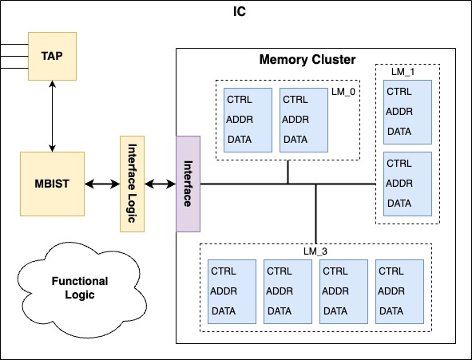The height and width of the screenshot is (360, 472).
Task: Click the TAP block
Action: [x=52, y=56]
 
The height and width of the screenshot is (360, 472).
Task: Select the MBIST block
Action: [x=52, y=184]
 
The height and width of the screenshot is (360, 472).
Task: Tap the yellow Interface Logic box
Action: [x=132, y=184]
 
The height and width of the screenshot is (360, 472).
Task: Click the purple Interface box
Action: [x=188, y=184]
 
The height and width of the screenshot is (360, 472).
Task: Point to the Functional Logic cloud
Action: [x=81, y=289]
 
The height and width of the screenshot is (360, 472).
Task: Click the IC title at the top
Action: [x=240, y=12]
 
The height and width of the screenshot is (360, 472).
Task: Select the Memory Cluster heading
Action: [x=307, y=60]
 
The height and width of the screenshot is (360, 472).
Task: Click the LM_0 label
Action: [x=343, y=92]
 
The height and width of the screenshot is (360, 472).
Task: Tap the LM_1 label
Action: [x=403, y=72]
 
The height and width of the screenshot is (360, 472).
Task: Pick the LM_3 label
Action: [x=315, y=251]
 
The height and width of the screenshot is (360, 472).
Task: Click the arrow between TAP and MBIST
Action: [x=53, y=116]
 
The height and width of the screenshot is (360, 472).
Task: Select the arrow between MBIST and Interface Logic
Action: [x=102, y=184]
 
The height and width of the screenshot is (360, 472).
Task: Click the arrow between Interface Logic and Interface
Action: [x=161, y=184]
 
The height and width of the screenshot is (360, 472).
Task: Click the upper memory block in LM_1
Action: [x=407, y=113]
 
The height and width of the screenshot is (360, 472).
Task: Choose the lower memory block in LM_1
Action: [x=407, y=184]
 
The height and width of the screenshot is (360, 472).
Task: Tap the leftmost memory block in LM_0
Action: [x=248, y=120]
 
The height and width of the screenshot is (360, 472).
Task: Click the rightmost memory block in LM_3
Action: [x=399, y=291]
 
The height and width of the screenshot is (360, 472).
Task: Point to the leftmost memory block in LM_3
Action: [x=232, y=291]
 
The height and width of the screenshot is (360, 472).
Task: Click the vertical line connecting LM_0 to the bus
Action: [x=288, y=172]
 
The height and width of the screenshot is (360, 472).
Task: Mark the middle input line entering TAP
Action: [x=14, y=56]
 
